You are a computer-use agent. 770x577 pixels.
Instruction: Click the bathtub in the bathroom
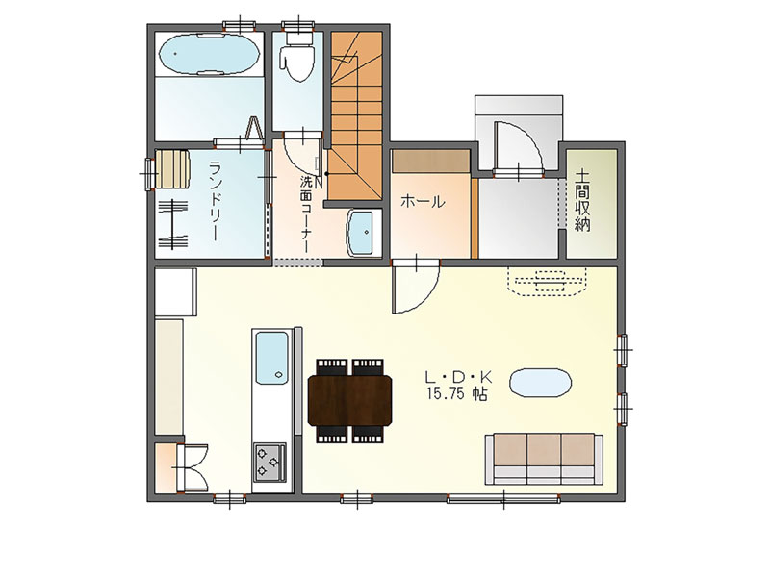tap(209, 54)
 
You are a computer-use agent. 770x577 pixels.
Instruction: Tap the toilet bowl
tap(297, 59)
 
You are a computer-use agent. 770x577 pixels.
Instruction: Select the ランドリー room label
tap(215, 201)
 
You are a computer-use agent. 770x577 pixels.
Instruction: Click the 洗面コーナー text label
tap(306, 214)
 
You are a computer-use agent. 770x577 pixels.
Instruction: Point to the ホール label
tap(423, 202)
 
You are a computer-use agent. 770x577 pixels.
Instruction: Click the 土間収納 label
tap(583, 200)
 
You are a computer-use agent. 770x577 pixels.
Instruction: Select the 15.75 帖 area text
tap(457, 394)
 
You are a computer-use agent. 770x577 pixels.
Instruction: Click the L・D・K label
tap(458, 377)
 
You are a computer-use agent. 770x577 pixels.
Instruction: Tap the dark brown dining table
tap(349, 400)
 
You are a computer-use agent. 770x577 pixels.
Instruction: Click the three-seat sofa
tap(544, 459)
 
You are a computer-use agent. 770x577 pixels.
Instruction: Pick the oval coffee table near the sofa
tap(541, 382)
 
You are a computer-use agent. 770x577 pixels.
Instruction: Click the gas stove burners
tap(269, 463)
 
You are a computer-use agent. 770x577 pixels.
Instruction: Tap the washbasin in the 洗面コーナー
tap(364, 233)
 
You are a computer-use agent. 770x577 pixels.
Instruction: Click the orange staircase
tap(354, 114)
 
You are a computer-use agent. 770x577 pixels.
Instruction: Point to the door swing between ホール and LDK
tap(416, 287)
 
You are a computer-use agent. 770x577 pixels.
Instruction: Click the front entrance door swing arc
tap(518, 146)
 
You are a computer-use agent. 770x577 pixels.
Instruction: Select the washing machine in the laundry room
tap(173, 170)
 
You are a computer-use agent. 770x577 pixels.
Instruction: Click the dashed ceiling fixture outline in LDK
tap(547, 282)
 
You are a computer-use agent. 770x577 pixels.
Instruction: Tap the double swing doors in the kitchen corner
tap(192, 467)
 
